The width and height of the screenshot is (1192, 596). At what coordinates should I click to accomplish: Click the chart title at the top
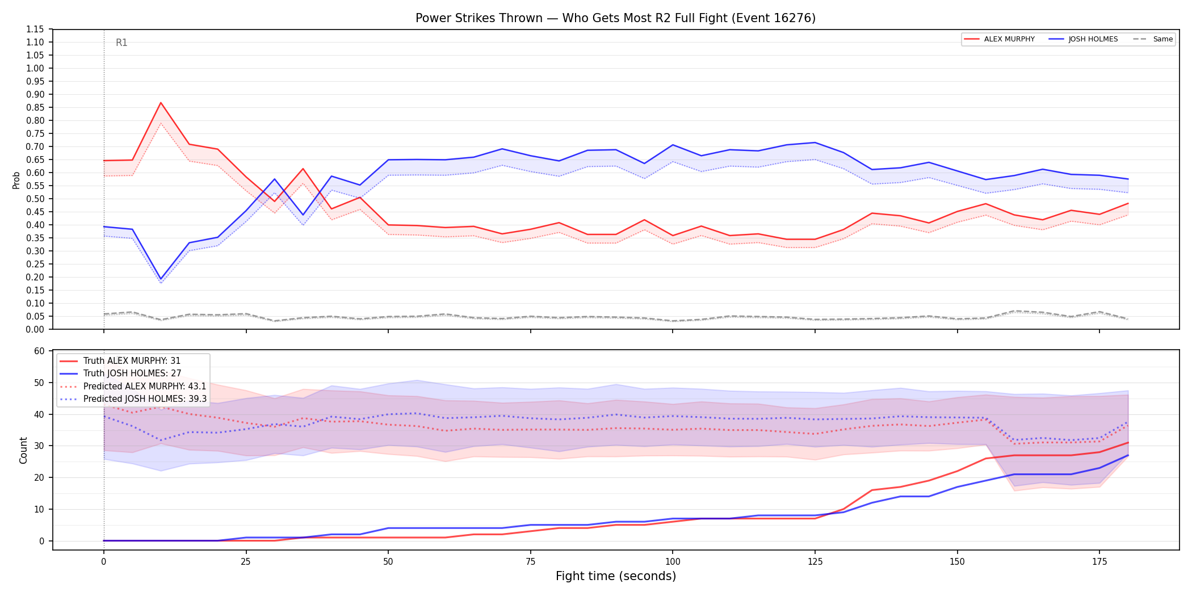tap(615, 18)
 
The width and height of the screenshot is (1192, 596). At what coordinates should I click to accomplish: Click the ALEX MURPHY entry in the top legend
tap(1000, 39)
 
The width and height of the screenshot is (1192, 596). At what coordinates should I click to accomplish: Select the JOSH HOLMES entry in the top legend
tap(1084, 39)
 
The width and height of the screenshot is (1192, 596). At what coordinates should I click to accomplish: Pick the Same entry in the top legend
tap(1153, 39)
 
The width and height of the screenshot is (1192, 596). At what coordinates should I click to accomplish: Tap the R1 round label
tap(121, 43)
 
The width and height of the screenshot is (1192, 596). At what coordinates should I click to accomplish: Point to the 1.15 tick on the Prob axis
tap(35, 30)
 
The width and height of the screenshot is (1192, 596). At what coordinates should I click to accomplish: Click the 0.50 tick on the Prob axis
tap(35, 199)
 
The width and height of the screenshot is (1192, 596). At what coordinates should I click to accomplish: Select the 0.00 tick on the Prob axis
tap(35, 329)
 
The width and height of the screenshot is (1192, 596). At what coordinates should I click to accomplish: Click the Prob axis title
tap(16, 180)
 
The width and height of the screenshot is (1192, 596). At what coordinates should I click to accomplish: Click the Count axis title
tap(23, 450)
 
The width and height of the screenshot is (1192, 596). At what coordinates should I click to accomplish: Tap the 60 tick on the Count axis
tap(39, 351)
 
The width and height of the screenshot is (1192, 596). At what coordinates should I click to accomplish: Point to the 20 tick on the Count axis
tap(39, 477)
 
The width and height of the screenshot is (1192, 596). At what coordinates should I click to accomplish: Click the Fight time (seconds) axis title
tap(616, 576)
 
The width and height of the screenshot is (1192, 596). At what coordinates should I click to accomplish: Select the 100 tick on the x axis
tap(672, 562)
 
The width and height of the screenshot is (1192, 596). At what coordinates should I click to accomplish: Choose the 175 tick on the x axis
tap(1099, 562)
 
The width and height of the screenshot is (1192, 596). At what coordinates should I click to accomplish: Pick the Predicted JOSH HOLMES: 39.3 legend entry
tap(133, 399)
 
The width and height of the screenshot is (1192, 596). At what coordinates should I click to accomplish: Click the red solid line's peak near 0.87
tap(161, 103)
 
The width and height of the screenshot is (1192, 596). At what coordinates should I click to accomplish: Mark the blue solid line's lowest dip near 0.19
tap(161, 279)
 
